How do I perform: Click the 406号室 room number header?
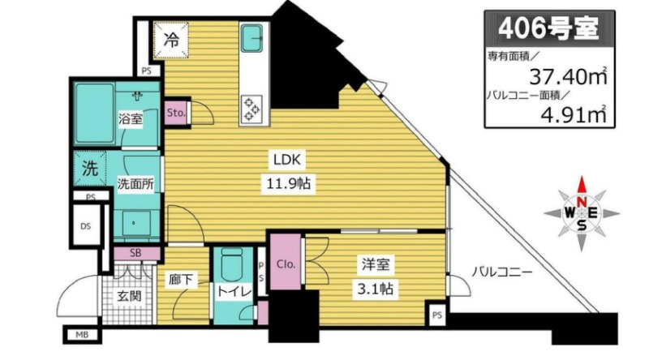coord(549,29)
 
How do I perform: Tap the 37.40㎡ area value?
coord(569,76)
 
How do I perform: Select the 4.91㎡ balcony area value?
coord(574,114)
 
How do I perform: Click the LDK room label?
coord(288,159)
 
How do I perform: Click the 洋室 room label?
coord(376,264)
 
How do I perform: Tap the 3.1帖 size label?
coord(376,288)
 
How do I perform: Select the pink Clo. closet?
coord(286,262)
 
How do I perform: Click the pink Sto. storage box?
coord(176,113)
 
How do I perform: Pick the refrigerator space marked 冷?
coord(171,41)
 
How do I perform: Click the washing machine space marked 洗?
coord(90,169)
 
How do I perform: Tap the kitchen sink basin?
coord(251,37)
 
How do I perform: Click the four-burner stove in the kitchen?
coord(251,109)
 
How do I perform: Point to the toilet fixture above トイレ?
coord(231,265)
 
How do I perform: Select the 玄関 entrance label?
coord(129,296)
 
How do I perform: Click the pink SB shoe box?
coord(136,253)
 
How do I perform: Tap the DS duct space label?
coord(86,226)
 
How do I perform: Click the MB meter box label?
coord(82,335)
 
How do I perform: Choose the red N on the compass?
coord(582,202)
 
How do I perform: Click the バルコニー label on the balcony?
coord(502,272)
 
